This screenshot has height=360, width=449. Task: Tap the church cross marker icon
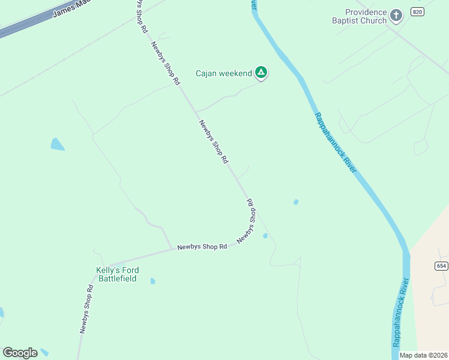[396, 15]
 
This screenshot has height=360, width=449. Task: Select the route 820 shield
[418, 12]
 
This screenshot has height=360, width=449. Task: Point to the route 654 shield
[441, 265]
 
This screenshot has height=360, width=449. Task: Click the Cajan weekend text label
[224, 74]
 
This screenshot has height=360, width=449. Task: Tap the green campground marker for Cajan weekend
[261, 73]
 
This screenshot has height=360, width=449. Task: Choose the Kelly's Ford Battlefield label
[116, 274]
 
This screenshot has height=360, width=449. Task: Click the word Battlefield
[116, 278]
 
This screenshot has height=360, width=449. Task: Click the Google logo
[20, 353]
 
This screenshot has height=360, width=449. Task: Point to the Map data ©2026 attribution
[423, 355]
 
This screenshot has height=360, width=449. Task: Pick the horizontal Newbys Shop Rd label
[202, 247]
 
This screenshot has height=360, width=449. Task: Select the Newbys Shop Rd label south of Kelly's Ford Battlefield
[87, 308]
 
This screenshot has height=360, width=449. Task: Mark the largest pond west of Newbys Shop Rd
[57, 144]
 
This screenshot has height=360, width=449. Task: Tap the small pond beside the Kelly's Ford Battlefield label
[153, 281]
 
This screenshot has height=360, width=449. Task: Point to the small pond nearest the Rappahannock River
[295, 202]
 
